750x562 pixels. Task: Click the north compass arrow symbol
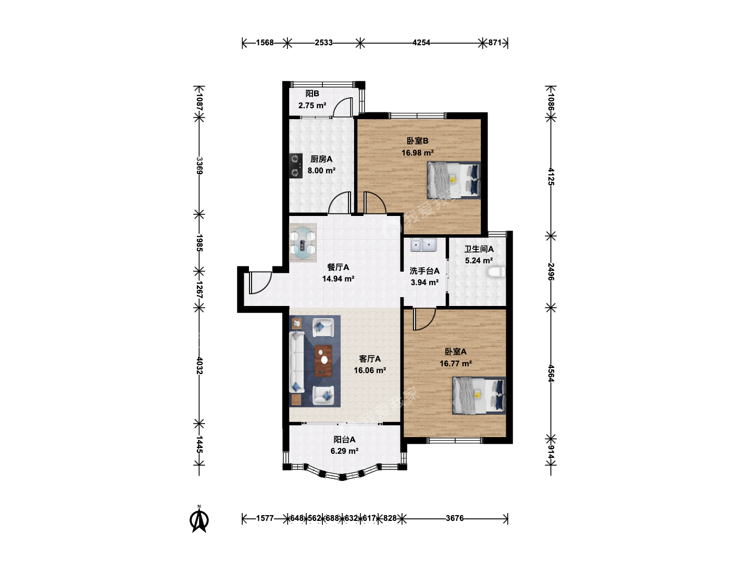pyautogui.click(x=199, y=520)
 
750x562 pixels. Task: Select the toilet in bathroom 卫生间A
pyautogui.click(x=496, y=272)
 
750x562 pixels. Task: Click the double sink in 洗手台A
pyautogui.click(x=423, y=245)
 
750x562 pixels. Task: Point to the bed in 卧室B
pyautogui.click(x=454, y=180)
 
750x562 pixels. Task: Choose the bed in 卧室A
pyautogui.click(x=479, y=395)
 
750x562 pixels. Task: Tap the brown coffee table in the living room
pyautogui.click(x=323, y=361)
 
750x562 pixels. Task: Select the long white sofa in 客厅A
pyautogui.click(x=297, y=361)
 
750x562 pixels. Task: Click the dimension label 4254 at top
pyautogui.click(x=421, y=43)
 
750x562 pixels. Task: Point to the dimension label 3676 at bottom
pyautogui.click(x=455, y=518)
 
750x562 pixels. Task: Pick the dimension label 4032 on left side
pyautogui.click(x=199, y=365)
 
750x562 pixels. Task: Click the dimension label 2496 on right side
pyautogui.click(x=551, y=272)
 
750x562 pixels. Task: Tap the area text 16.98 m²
pyautogui.click(x=418, y=152)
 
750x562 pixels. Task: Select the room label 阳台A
pyautogui.click(x=344, y=440)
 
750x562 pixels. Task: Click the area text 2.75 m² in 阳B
pyautogui.click(x=312, y=106)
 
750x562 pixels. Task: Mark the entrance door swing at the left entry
pyautogui.click(x=260, y=283)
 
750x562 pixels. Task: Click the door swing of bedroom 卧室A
pyautogui.click(x=424, y=320)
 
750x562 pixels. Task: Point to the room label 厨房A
pyautogui.click(x=321, y=159)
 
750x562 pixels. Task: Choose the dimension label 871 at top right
pyautogui.click(x=494, y=43)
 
